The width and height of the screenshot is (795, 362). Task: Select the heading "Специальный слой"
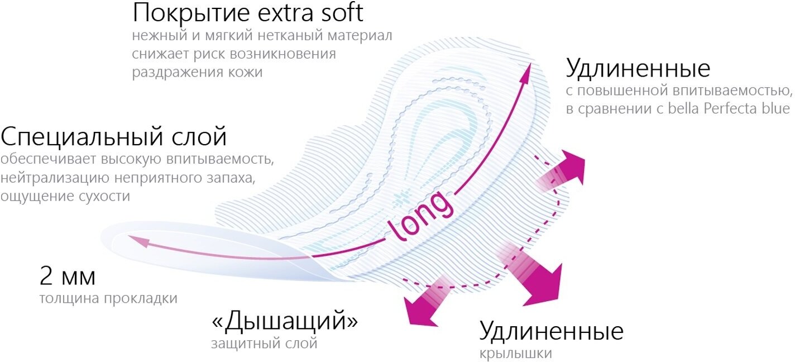(114, 137)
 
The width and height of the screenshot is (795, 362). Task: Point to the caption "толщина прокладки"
(108, 299)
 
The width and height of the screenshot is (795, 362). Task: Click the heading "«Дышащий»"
(285, 322)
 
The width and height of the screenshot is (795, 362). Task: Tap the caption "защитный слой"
(264, 344)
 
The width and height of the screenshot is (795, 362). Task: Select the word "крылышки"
(516, 354)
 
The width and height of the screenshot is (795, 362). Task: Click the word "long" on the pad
(422, 216)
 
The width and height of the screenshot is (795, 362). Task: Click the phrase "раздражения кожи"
(197, 73)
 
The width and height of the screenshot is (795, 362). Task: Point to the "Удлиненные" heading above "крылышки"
(551, 331)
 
